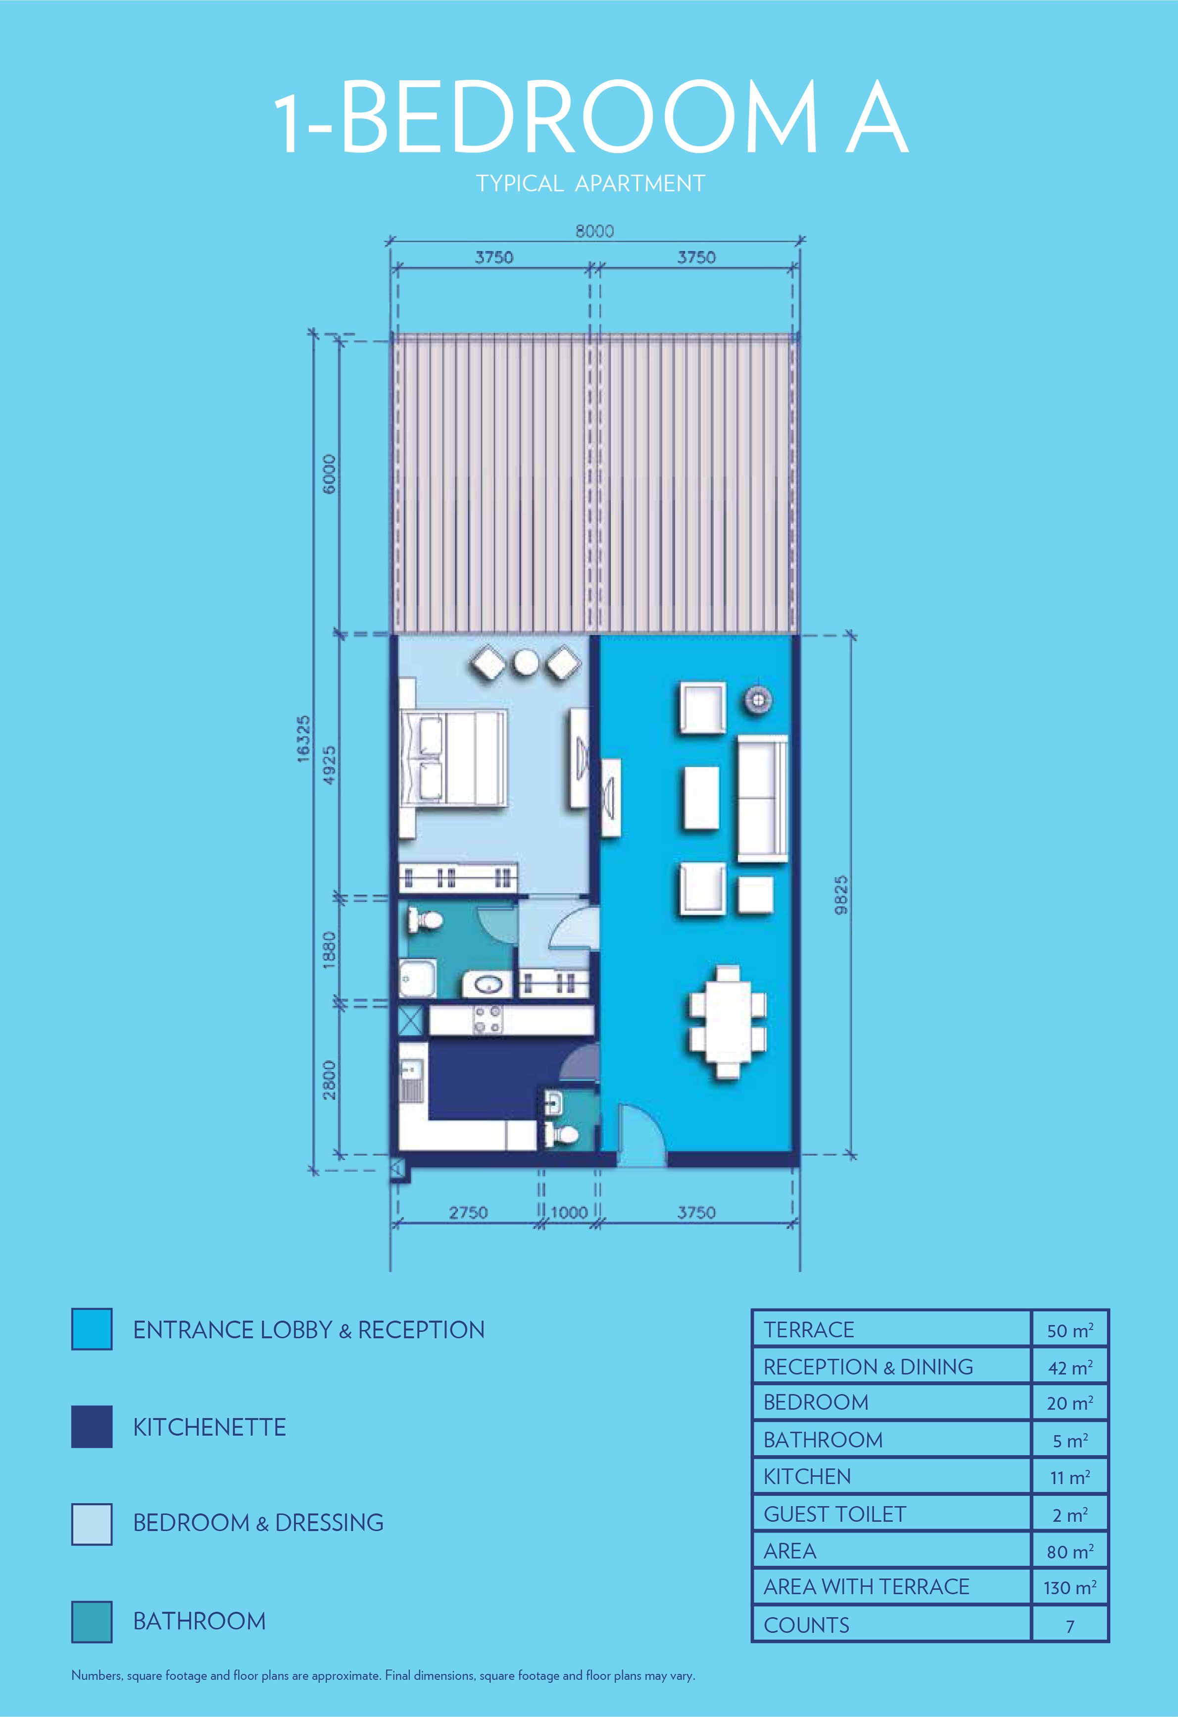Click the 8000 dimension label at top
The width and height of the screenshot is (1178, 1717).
point(594,231)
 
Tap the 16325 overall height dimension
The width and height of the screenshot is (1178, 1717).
point(303,739)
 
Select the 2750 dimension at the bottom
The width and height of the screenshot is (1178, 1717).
point(468,1212)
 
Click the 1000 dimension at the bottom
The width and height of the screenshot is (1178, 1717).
point(569,1212)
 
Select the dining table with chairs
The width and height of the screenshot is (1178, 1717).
point(728,1023)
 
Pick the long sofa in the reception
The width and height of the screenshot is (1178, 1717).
point(762,798)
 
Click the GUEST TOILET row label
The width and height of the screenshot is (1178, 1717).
point(834,1514)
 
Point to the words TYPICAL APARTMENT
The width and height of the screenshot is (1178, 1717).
point(590,183)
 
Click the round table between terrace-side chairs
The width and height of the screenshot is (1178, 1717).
point(526,663)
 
